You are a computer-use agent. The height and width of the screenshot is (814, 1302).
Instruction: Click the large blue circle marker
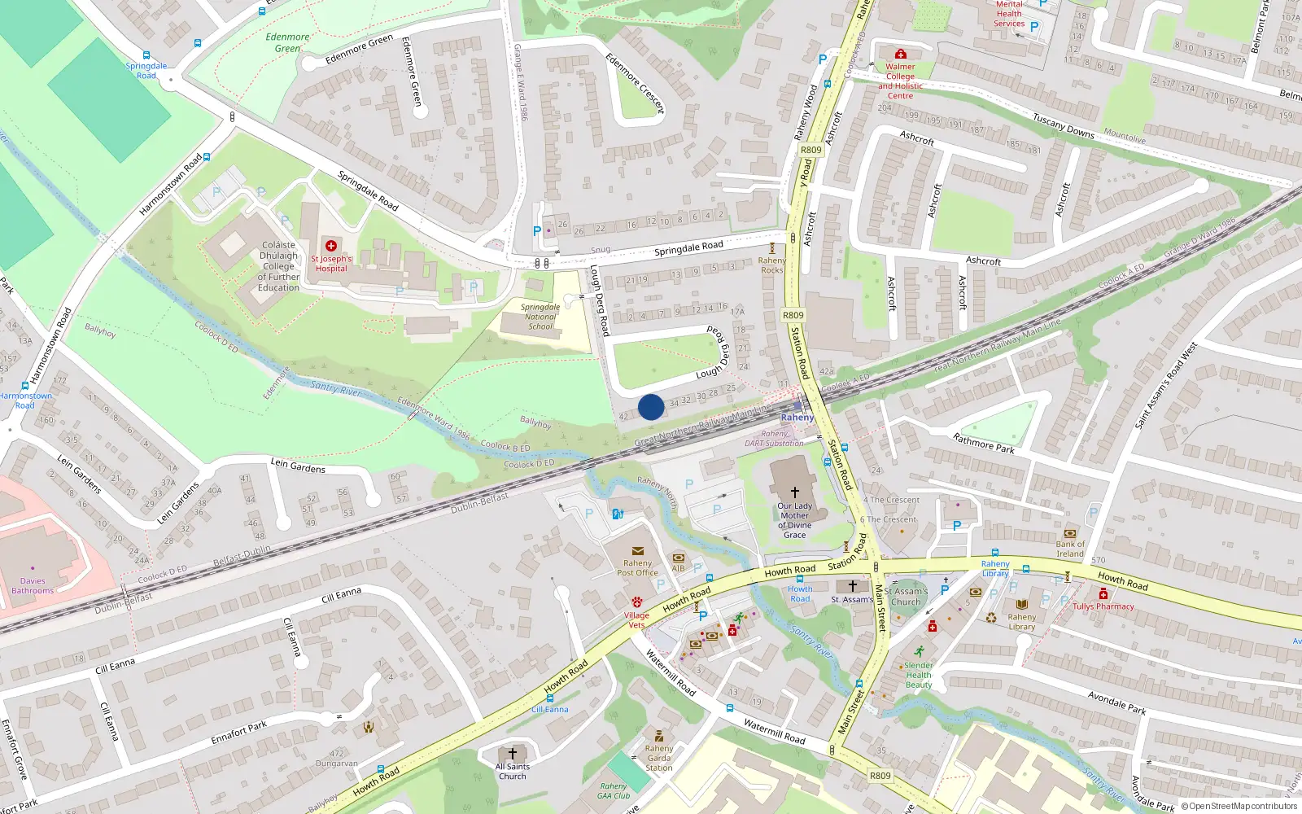[650, 407]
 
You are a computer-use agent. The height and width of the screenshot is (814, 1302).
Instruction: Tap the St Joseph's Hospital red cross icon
[331, 245]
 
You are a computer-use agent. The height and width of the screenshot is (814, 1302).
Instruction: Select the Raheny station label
[797, 418]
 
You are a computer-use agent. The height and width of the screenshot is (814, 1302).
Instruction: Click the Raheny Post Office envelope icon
[637, 551]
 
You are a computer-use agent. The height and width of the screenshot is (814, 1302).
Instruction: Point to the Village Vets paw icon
[636, 602]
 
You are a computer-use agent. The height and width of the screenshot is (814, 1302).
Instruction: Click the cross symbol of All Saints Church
[512, 754]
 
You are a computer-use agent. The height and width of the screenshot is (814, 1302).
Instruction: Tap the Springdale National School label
[540, 317]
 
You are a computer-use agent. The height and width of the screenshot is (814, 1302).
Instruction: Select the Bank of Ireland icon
[1070, 533]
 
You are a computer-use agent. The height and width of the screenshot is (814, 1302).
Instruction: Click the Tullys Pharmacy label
[1103, 606]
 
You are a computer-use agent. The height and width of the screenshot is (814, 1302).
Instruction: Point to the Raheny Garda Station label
[658, 758]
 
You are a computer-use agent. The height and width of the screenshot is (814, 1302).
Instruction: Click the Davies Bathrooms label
[33, 586]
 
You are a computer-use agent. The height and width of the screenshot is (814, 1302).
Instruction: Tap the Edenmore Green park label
[287, 42]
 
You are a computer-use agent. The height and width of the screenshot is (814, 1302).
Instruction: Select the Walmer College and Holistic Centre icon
[900, 54]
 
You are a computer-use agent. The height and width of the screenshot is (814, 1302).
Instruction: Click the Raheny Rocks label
[771, 265]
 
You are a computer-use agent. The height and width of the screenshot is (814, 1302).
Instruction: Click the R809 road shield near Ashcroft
[810, 150]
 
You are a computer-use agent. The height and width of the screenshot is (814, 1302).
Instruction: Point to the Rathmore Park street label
[984, 443]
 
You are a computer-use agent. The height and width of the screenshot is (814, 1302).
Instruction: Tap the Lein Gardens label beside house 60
[298, 465]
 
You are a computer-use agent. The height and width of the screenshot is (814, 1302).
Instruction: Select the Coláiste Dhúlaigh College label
[278, 266]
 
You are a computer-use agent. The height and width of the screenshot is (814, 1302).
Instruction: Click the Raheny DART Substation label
[774, 439]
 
